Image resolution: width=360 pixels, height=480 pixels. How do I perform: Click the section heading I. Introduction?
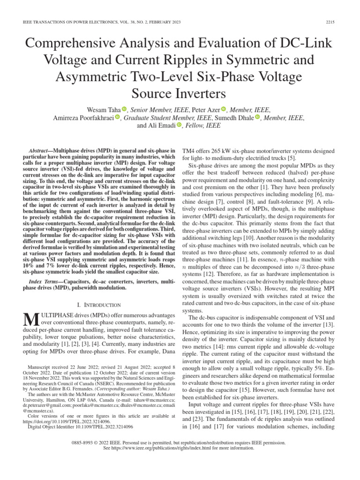99,305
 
